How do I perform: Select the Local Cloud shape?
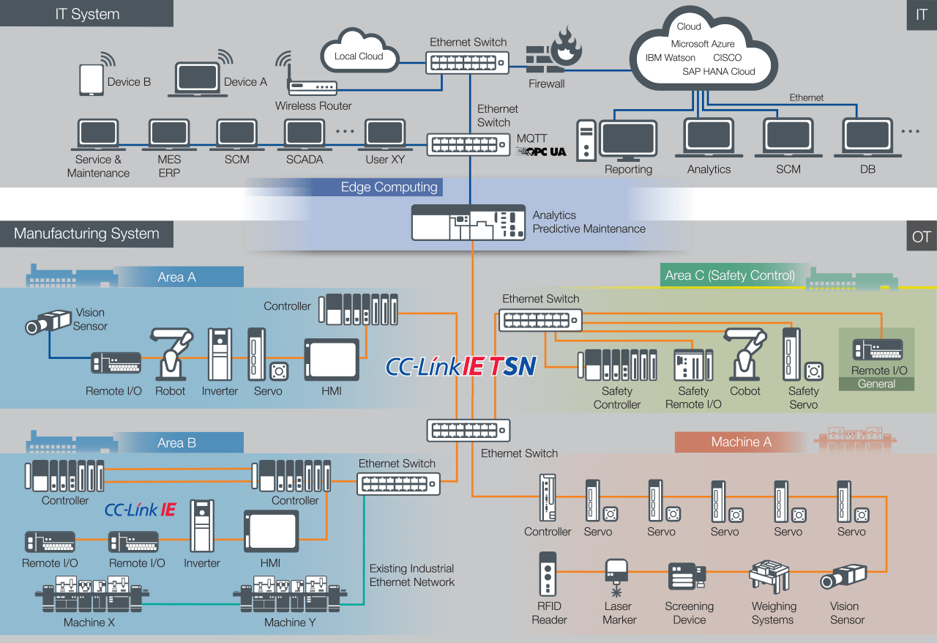coord(359,51)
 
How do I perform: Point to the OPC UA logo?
coord(541,152)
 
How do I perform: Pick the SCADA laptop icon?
coord(305,135)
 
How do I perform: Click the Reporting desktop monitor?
coord(628,141)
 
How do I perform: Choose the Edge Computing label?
coord(389,187)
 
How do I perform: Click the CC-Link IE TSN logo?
coord(461,365)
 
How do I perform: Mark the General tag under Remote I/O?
coord(876,384)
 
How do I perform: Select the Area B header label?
coord(176,442)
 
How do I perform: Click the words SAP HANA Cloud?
coord(718,71)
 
